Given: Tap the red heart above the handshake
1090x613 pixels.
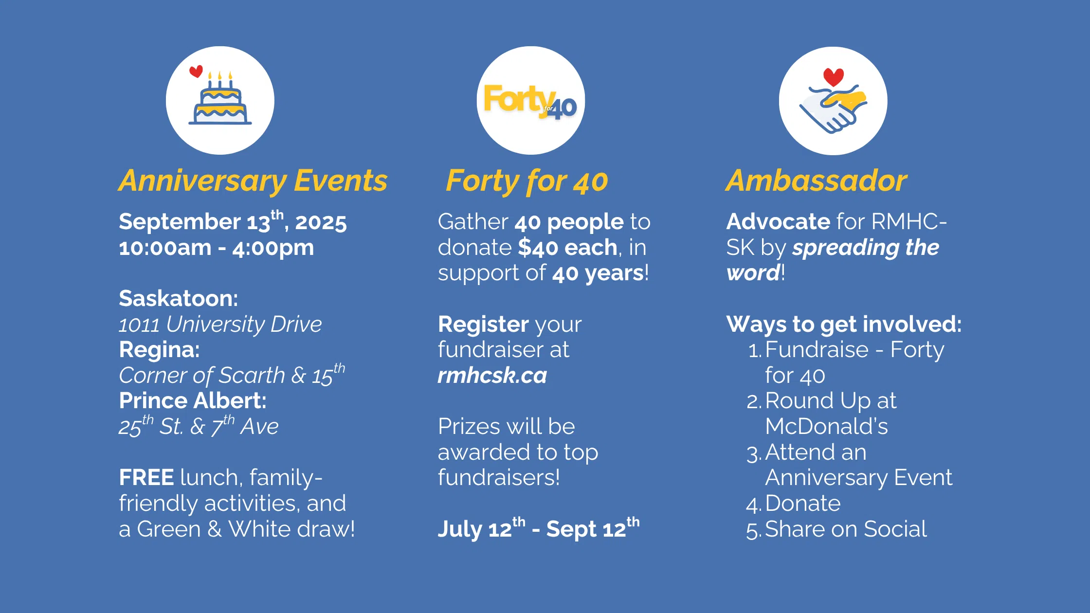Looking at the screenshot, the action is (833, 77).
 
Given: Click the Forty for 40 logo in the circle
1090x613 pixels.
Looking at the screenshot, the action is (530, 102).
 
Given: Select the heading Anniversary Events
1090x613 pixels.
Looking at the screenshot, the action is (253, 181).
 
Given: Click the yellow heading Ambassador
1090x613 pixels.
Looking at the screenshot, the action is (816, 180).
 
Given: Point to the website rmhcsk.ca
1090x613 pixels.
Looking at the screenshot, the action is (492, 376).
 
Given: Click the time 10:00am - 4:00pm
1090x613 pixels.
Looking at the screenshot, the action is (217, 248).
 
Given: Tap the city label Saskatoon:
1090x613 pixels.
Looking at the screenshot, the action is (179, 299).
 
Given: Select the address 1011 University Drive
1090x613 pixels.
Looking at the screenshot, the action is (220, 325).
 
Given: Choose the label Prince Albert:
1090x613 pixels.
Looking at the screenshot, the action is (193, 401).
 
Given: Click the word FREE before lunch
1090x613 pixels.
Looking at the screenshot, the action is (146, 478).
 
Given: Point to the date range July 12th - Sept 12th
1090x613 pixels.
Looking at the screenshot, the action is (539, 528).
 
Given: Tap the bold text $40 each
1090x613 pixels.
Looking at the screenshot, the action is (568, 248).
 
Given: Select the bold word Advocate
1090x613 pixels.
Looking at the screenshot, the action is (778, 222).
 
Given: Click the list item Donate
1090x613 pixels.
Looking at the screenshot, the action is (803, 504).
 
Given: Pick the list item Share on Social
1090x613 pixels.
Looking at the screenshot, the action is (846, 529).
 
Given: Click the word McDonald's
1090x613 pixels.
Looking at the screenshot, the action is (826, 427).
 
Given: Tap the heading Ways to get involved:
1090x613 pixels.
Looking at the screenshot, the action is (844, 325).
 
